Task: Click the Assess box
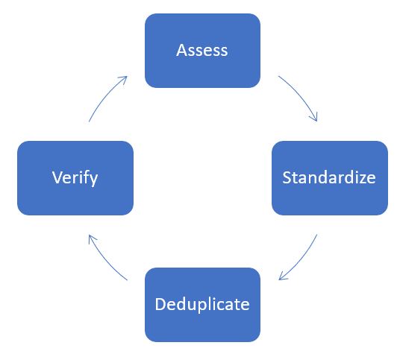click(202, 51)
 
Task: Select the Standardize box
click(330, 178)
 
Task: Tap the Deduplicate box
click(202, 305)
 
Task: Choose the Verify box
click(75, 178)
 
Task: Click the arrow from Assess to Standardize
click(301, 95)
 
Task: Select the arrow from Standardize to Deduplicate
click(301, 260)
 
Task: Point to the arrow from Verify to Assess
click(105, 95)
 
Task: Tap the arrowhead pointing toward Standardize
click(313, 117)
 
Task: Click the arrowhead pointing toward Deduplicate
click(283, 276)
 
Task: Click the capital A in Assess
click(181, 50)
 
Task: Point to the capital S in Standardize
click(287, 177)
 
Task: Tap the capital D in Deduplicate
click(160, 304)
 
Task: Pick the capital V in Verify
click(57, 177)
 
